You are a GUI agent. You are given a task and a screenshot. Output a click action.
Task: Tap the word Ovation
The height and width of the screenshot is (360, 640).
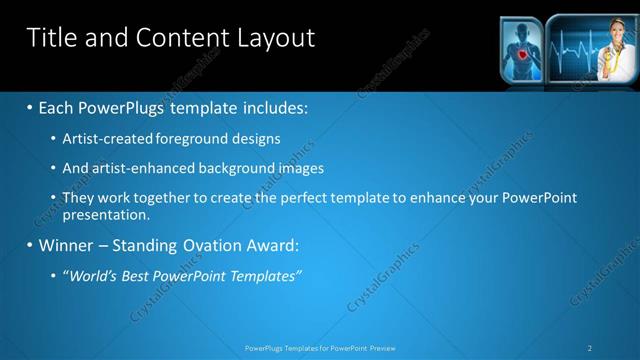[210, 245]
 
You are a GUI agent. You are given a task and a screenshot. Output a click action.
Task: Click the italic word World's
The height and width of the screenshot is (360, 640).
[91, 275]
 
